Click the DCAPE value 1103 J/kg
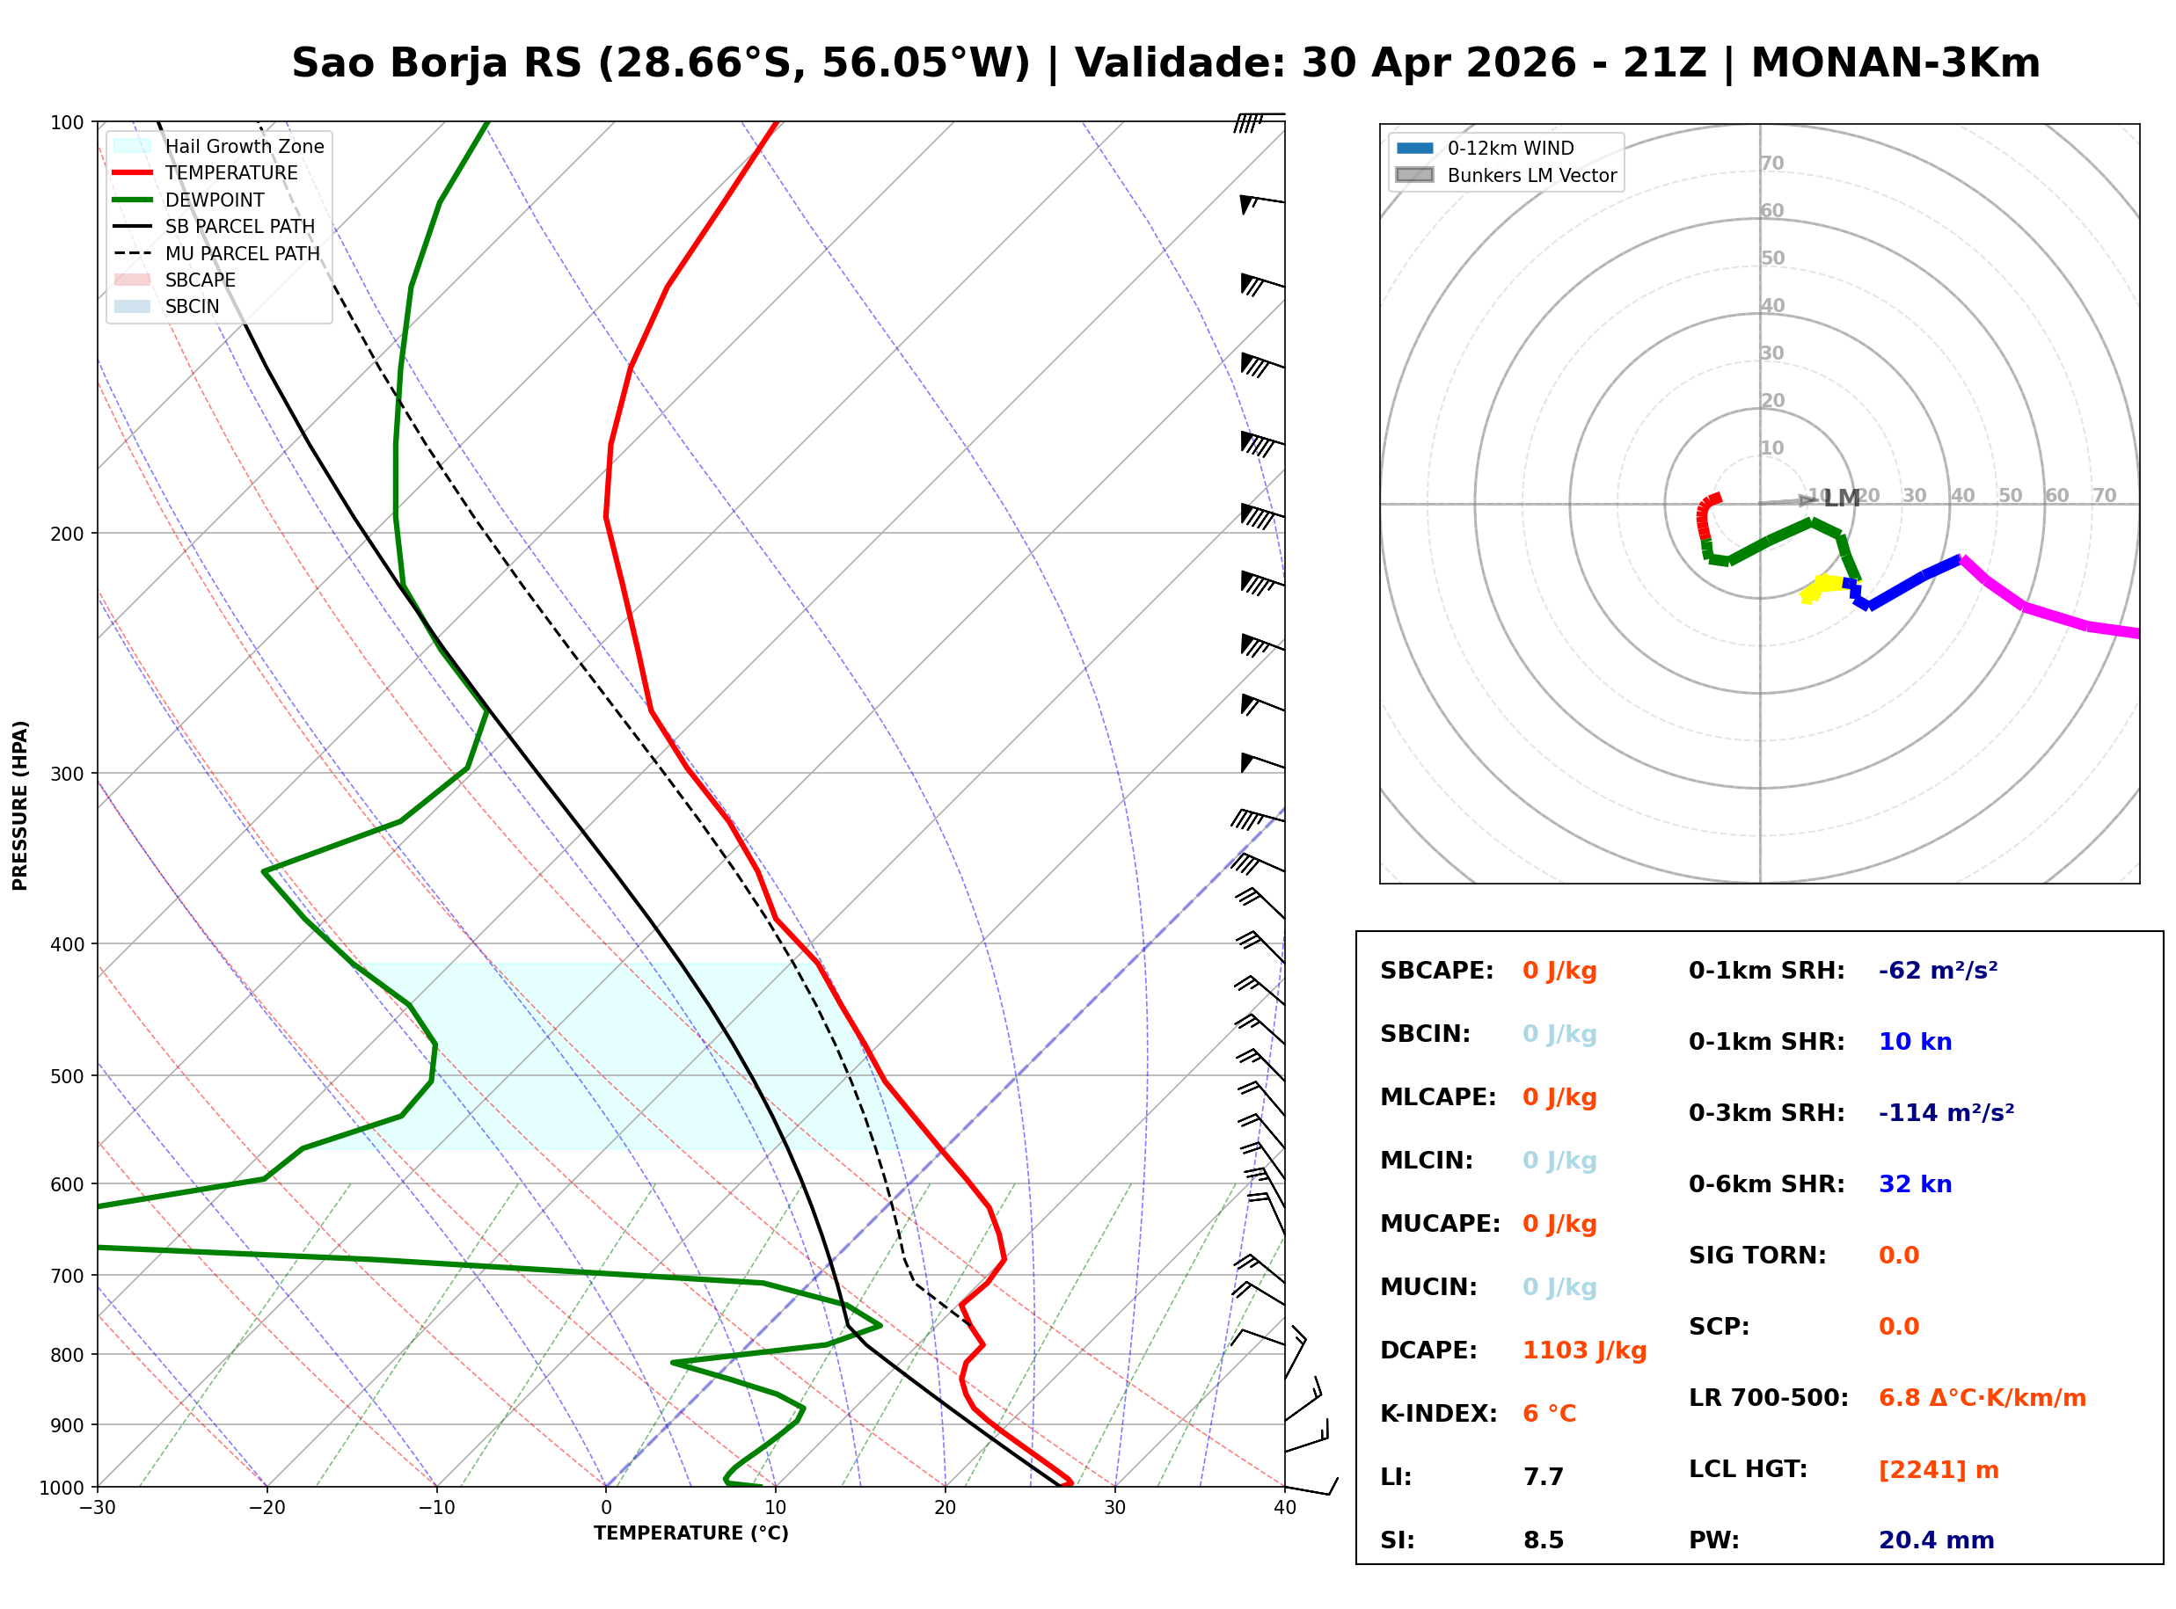point(1584,1351)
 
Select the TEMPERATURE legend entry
point(230,172)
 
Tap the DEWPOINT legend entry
point(215,200)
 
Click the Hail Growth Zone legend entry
point(244,146)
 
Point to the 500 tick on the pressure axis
point(67,1076)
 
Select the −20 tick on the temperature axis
point(267,1508)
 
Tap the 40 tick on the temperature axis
point(1284,1508)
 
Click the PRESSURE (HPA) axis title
point(20,805)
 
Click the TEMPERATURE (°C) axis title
point(690,1533)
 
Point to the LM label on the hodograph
point(1841,499)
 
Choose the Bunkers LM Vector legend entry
point(1531,175)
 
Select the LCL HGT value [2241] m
point(1938,1470)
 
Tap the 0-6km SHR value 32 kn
point(1915,1184)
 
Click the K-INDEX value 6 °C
point(1549,1414)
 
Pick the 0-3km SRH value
point(1946,1113)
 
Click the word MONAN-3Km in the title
point(1895,63)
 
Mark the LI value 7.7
point(1543,1477)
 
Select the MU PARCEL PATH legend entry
point(242,253)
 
